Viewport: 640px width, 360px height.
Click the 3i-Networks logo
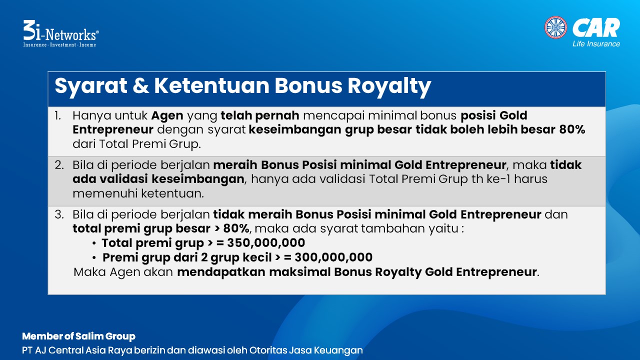tap(61, 33)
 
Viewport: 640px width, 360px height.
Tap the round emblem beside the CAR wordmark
tap(555, 27)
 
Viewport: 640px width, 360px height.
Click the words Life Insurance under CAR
tap(596, 43)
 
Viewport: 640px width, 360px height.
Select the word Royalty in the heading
tap(389, 85)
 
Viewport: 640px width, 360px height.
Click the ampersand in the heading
tap(140, 85)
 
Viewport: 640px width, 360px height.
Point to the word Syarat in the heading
tap(91, 86)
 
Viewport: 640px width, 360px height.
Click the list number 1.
tap(57, 115)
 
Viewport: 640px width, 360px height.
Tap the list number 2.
tap(59, 165)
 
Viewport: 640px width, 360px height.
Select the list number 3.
tap(59, 214)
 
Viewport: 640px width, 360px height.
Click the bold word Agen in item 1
tap(167, 116)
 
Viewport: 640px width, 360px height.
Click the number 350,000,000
tap(266, 243)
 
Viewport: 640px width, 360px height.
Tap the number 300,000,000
tap(333, 257)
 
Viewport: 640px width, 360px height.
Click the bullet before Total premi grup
tap(94, 243)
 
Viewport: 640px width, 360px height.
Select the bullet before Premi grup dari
tap(94, 257)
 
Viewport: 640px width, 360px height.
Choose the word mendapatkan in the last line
tap(221, 272)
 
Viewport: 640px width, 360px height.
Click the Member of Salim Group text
tap(78, 336)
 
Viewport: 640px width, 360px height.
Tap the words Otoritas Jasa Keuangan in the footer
tap(306, 350)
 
